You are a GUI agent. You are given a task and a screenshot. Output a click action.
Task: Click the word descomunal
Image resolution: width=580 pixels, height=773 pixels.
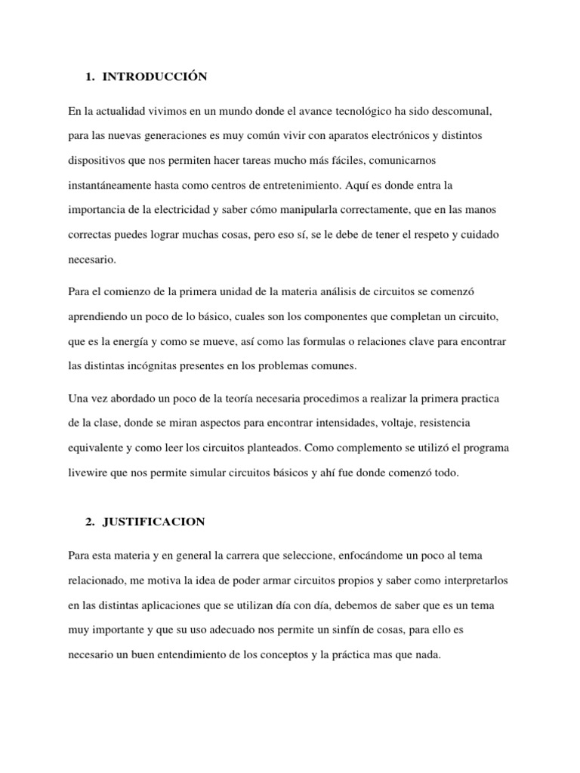point(462,112)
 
